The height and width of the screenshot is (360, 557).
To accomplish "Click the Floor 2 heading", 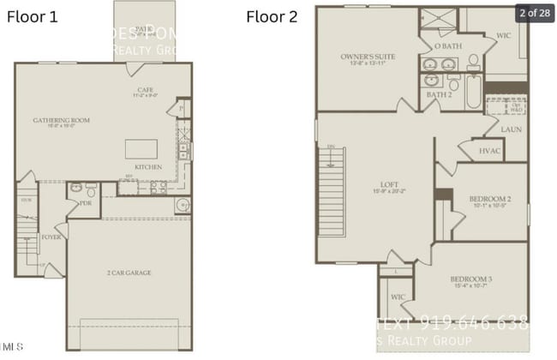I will coord(272,16).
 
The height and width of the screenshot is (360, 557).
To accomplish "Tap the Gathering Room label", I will coord(62,120).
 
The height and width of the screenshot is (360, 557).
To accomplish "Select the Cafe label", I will coord(145,89).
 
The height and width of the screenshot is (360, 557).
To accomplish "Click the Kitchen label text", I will coord(148,166).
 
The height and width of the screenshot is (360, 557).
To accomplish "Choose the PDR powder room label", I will coord(86,204).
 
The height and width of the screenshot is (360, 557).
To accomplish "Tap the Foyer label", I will coord(51,237).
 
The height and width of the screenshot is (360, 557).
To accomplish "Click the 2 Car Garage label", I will coord(129,273).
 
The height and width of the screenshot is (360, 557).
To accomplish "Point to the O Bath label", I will coord(447,45).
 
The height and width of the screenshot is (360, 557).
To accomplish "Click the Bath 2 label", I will coord(439,94).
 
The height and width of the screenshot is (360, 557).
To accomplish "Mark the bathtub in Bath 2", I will coord(474,93).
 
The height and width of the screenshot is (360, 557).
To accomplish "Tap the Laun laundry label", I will coord(511,129).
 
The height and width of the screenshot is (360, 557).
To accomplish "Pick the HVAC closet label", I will coord(491,150).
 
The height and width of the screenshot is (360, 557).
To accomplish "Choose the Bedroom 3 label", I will coord(471,279).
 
